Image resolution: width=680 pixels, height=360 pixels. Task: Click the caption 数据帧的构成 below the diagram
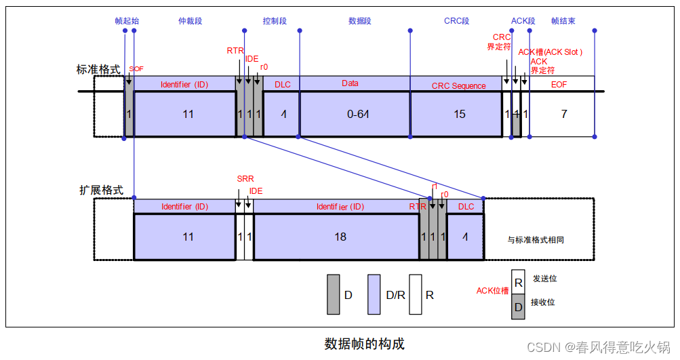(x=364, y=344)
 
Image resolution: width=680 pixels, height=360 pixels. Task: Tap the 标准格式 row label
(x=98, y=70)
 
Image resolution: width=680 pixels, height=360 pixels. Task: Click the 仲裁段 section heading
(x=190, y=21)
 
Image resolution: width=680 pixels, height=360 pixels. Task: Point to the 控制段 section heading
(x=275, y=21)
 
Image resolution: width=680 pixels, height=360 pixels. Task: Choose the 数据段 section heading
(x=359, y=21)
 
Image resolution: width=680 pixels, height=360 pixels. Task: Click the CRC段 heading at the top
(x=456, y=21)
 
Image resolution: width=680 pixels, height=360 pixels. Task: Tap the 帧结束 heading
(x=563, y=21)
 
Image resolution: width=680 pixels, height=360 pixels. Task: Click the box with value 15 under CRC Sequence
(x=460, y=114)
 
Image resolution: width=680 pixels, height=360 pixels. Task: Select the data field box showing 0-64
(x=357, y=114)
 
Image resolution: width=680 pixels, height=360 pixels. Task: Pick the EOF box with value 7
(x=563, y=114)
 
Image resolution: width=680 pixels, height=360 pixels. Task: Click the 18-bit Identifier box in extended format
(x=340, y=237)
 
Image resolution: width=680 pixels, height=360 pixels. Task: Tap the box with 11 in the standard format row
(x=188, y=114)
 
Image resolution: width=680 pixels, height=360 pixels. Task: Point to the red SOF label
(x=136, y=69)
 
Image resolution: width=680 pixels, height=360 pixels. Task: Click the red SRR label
(x=245, y=179)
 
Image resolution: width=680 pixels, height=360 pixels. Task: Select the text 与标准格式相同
(x=536, y=240)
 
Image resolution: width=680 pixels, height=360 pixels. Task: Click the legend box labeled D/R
(x=374, y=294)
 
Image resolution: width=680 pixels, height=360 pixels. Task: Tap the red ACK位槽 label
(x=492, y=291)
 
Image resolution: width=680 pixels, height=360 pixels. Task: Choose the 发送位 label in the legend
(x=544, y=279)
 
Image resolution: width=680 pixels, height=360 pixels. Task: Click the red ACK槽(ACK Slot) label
(x=550, y=52)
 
